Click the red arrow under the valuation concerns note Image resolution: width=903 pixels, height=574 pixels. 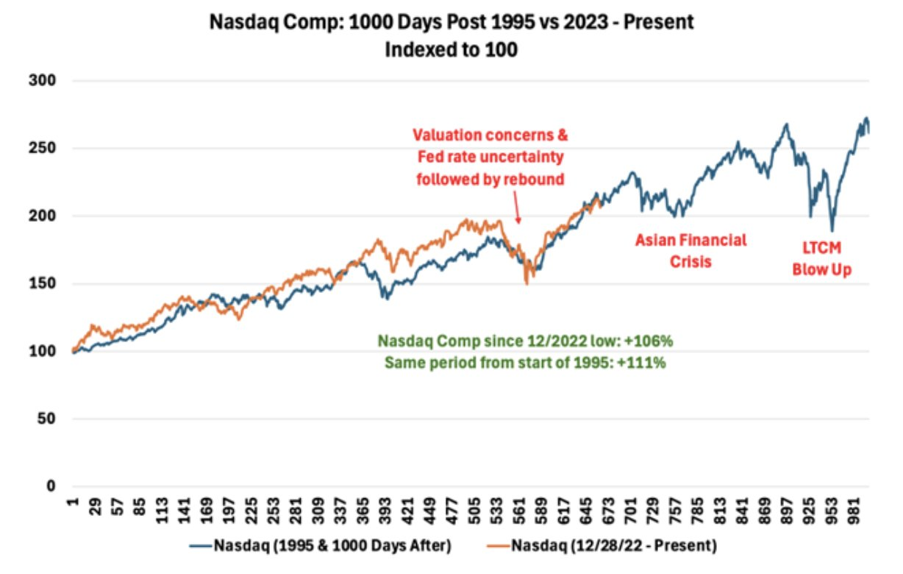point(518,210)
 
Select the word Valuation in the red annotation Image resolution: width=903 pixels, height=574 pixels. point(443,137)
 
